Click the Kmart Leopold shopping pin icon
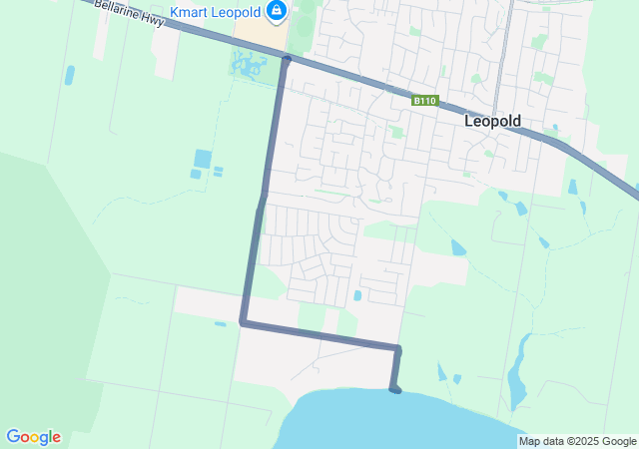pyautogui.click(x=277, y=12)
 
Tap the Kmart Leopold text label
pyautogui.click(x=216, y=12)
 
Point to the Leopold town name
pyautogui.click(x=493, y=121)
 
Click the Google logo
pyautogui.click(x=33, y=437)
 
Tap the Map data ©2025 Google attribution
pyautogui.click(x=577, y=441)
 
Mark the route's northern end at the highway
pyautogui.click(x=287, y=60)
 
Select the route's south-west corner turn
pyautogui.click(x=243, y=322)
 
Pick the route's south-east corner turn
pyautogui.click(x=397, y=349)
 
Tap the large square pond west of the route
pyautogui.click(x=203, y=158)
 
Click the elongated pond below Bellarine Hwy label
pyautogui.click(x=69, y=75)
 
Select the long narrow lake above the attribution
pyautogui.click(x=515, y=384)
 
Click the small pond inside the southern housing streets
pyautogui.click(x=357, y=295)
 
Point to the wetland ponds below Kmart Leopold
pyautogui.click(x=248, y=68)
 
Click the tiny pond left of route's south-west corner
pyautogui.click(x=220, y=323)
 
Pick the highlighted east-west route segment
pyautogui.click(x=319, y=336)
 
